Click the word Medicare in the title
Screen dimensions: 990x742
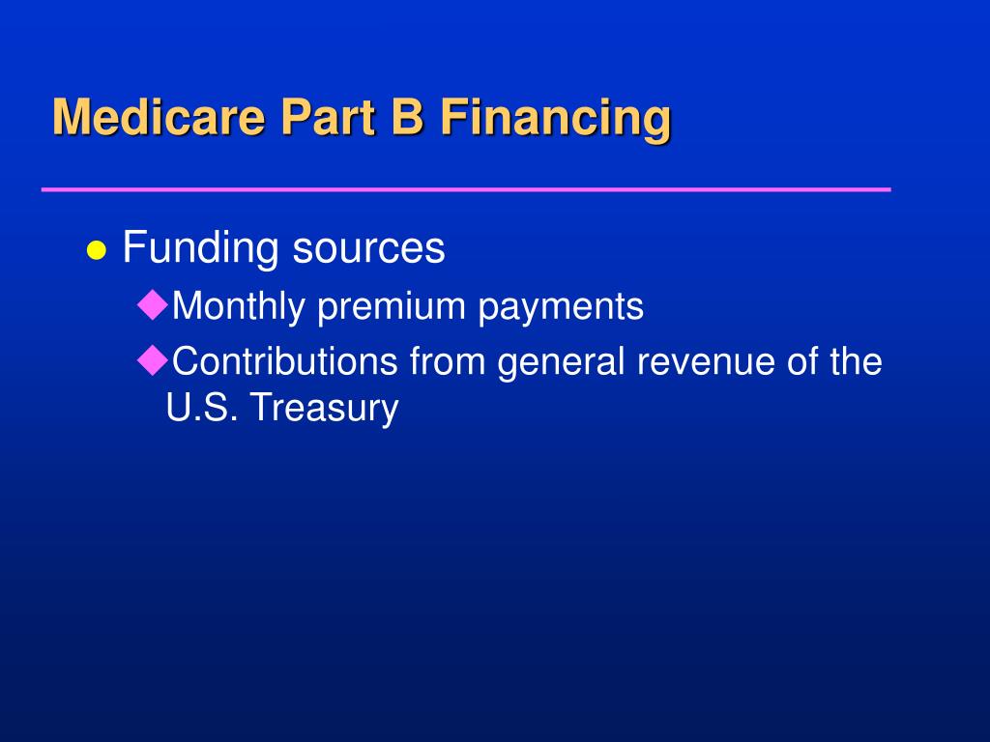pyautogui.click(x=160, y=116)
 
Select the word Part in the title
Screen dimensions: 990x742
pyautogui.click(x=329, y=116)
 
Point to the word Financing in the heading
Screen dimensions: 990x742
pyautogui.click(x=556, y=120)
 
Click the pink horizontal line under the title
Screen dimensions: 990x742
pyautogui.click(x=466, y=188)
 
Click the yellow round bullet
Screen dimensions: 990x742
pyautogui.click(x=96, y=250)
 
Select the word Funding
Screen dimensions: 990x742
pyautogui.click(x=200, y=248)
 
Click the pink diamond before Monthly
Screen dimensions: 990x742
pyautogui.click(x=152, y=304)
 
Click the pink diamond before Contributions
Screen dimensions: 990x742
pyautogui.click(x=152, y=360)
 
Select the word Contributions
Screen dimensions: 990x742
pyautogui.click(x=285, y=361)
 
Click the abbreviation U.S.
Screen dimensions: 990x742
pyautogui.click(x=202, y=407)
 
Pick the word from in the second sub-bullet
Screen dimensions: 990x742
pyautogui.click(x=447, y=361)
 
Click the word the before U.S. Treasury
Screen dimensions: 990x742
pyautogui.click(x=857, y=361)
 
